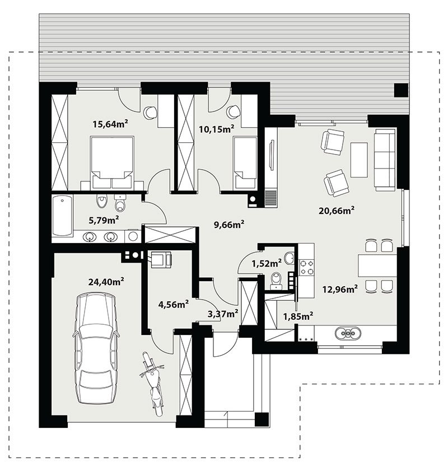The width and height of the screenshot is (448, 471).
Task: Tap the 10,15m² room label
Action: tap(217, 129)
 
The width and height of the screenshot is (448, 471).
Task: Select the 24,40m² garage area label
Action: tap(106, 282)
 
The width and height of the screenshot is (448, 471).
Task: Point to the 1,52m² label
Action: tap(267, 263)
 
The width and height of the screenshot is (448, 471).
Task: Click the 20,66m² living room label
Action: tap(337, 210)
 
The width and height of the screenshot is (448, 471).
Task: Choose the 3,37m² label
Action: tap(223, 314)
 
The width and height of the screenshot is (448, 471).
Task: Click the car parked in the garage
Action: tap(96, 348)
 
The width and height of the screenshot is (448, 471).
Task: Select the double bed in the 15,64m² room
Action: tap(111, 162)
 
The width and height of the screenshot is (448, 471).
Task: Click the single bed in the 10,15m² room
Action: tap(245, 162)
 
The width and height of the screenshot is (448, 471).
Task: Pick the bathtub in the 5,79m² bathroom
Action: tap(62, 216)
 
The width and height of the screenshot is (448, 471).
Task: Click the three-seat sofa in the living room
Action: tap(385, 159)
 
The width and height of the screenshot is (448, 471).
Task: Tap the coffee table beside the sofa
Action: tap(359, 160)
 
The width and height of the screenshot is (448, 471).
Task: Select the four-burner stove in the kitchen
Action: tap(307, 267)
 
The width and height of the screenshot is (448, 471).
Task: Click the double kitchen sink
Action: tap(348, 333)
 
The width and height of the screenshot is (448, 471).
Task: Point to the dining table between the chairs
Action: tap(377, 265)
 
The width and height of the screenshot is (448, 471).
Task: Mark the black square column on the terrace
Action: tap(401, 90)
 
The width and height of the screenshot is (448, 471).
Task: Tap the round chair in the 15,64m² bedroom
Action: tap(150, 113)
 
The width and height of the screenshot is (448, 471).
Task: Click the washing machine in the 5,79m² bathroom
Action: tap(132, 236)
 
